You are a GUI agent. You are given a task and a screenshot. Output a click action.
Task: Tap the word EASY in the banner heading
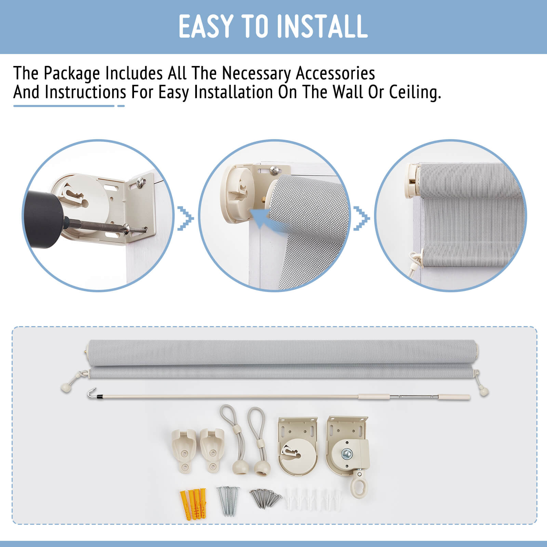tap(205, 26)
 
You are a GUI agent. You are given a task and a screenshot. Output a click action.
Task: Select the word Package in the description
tap(72, 74)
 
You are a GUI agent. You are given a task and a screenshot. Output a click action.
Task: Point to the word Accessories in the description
tap(335, 73)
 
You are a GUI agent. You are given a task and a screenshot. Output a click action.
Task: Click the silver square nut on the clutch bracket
tap(347, 453)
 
